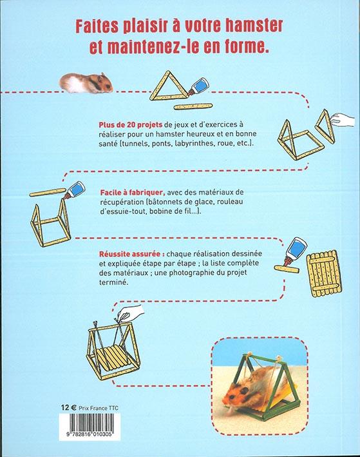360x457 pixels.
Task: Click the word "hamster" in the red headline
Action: [x=254, y=26]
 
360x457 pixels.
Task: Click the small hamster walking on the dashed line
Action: [x=86, y=83]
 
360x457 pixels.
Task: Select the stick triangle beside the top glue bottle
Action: [x=168, y=86]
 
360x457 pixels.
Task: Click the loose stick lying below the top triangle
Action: [x=193, y=106]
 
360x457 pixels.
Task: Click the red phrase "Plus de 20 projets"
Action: [x=131, y=124]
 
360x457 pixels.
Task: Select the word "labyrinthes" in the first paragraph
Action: [x=193, y=144]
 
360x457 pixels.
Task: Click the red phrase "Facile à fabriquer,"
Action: [x=133, y=193]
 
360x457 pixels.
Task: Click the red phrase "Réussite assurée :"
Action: [x=132, y=253]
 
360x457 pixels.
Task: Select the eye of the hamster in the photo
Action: [x=245, y=390]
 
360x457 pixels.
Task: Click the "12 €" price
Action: [x=69, y=407]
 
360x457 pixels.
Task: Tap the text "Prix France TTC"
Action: [x=99, y=408]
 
